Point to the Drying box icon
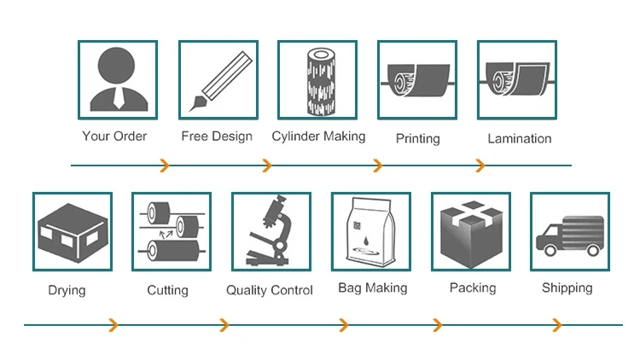73,232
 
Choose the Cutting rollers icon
172,232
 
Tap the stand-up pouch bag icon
370,232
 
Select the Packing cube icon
470,232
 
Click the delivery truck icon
569,232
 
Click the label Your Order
114,136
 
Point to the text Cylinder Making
318,136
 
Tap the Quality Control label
270,291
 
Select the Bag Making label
372,288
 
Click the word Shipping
567,288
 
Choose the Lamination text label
520,138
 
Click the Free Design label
217,136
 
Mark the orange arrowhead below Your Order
165,165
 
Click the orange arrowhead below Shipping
557,325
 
